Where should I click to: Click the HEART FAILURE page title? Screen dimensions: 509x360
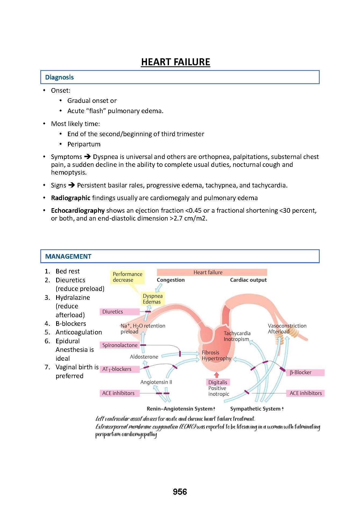pyautogui.click(x=175, y=62)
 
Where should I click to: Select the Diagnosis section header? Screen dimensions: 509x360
pyautogui.click(x=59, y=77)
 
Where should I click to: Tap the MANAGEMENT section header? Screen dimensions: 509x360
pyautogui.click(x=68, y=257)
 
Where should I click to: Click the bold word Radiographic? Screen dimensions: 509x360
pyautogui.click(x=71, y=198)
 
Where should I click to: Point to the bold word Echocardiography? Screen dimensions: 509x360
pyautogui.click(x=78, y=211)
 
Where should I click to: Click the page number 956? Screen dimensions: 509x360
pyautogui.click(x=180, y=492)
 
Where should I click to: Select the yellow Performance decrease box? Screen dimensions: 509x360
pyautogui.click(x=127, y=277)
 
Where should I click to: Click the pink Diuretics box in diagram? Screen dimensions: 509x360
pyautogui.click(x=120, y=312)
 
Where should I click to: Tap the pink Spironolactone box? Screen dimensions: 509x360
pyautogui.click(x=120, y=345)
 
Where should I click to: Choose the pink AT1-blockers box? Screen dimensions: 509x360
pyautogui.click(x=120, y=369)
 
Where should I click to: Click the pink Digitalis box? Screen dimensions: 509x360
pyautogui.click(x=218, y=382)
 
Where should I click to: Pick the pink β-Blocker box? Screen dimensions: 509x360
pyautogui.click(x=305, y=372)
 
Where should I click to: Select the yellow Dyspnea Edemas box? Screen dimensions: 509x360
pyautogui.click(x=153, y=299)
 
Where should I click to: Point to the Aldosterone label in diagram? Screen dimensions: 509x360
pyautogui.click(x=144, y=357)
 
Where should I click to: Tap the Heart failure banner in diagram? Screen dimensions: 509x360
pyautogui.click(x=212, y=272)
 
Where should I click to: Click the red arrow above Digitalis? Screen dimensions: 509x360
pyautogui.click(x=217, y=375)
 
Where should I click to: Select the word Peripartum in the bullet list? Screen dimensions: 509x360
pyautogui.click(x=84, y=144)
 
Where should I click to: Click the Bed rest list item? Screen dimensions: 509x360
pyautogui.click(x=67, y=271)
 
